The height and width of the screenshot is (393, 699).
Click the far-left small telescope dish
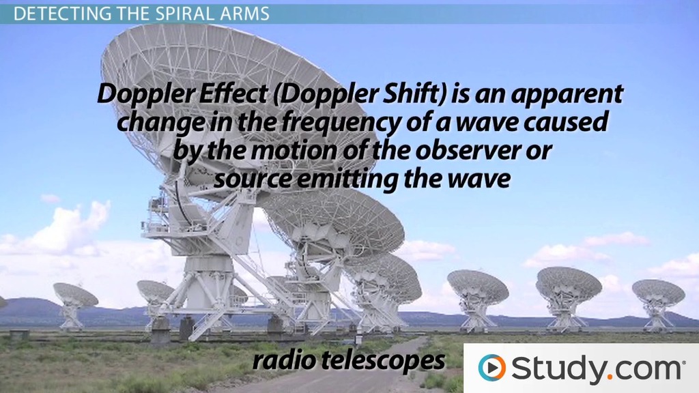pyautogui.click(x=75, y=295)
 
